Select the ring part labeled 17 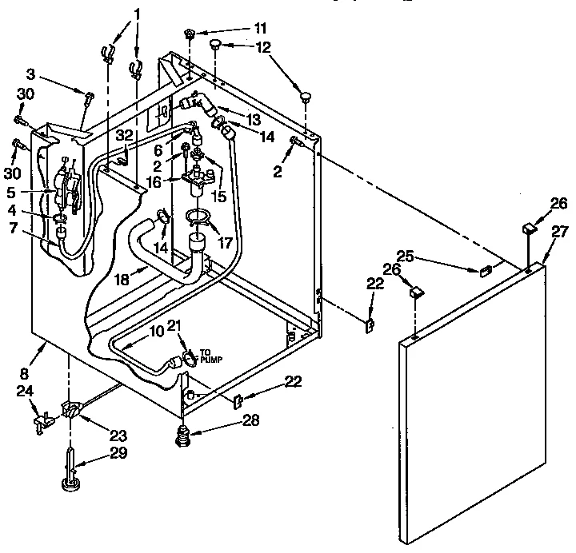tap(197, 216)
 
